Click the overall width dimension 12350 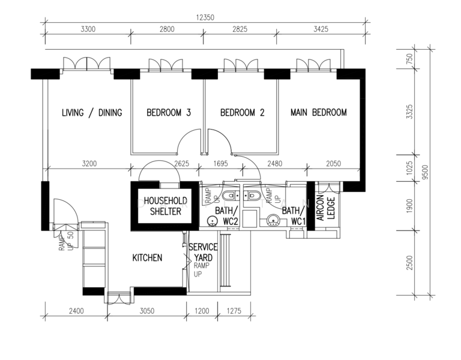pos(205,17)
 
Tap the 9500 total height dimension pos(425,172)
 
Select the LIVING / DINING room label pos(92,113)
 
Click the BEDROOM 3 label pos(169,113)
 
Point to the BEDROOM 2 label pos(243,113)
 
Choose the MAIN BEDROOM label pos(319,112)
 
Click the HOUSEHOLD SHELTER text pos(166,206)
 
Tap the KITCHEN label pos(147,258)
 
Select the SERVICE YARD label pos(203,253)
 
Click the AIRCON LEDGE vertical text pos(326,208)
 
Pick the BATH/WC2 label pos(226,216)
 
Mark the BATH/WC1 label pos(294,216)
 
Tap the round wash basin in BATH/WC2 pos(212,221)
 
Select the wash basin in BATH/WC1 pos(274,221)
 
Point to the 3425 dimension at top pos(321,29)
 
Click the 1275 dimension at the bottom pos(234,311)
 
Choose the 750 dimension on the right pos(409,59)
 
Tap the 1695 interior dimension pos(220,163)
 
